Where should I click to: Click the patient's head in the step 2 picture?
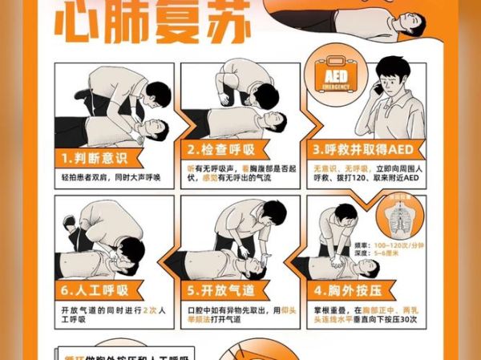(273, 120)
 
